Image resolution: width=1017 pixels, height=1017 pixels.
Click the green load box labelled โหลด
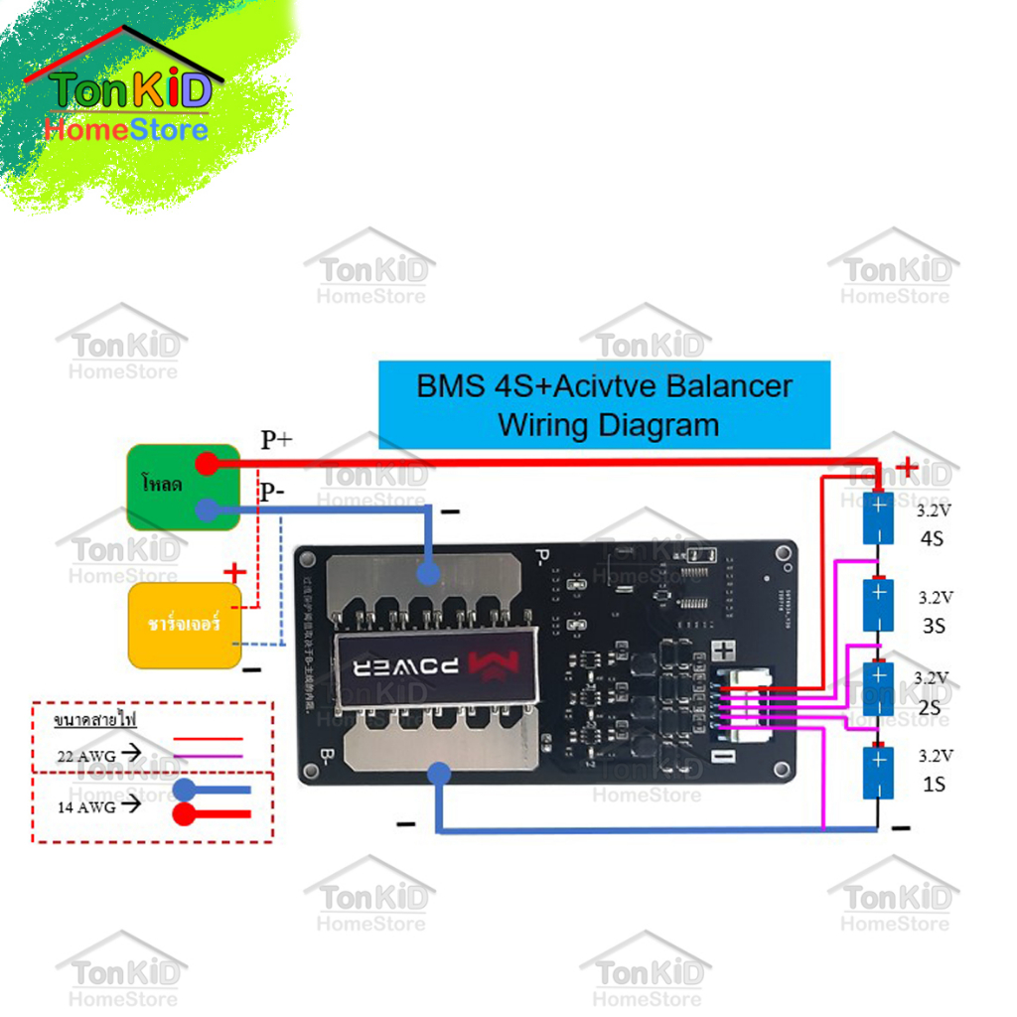182,487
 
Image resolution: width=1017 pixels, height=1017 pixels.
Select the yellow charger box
186,626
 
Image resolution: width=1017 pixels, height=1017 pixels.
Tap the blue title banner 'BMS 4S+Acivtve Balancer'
604,405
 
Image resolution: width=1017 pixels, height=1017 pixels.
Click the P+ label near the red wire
276,440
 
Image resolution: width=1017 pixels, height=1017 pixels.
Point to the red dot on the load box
207,463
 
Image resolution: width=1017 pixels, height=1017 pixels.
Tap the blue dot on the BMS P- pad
428,573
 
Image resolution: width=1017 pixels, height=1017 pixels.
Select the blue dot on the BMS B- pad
437,773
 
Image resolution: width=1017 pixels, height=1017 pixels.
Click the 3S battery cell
878,605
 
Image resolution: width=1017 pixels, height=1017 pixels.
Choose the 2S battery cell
878,687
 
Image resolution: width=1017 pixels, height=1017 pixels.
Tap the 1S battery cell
878,773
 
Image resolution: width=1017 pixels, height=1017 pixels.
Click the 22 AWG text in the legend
87,756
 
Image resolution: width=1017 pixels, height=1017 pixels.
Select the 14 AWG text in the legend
87,806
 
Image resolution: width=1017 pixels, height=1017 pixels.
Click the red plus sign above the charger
234,572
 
